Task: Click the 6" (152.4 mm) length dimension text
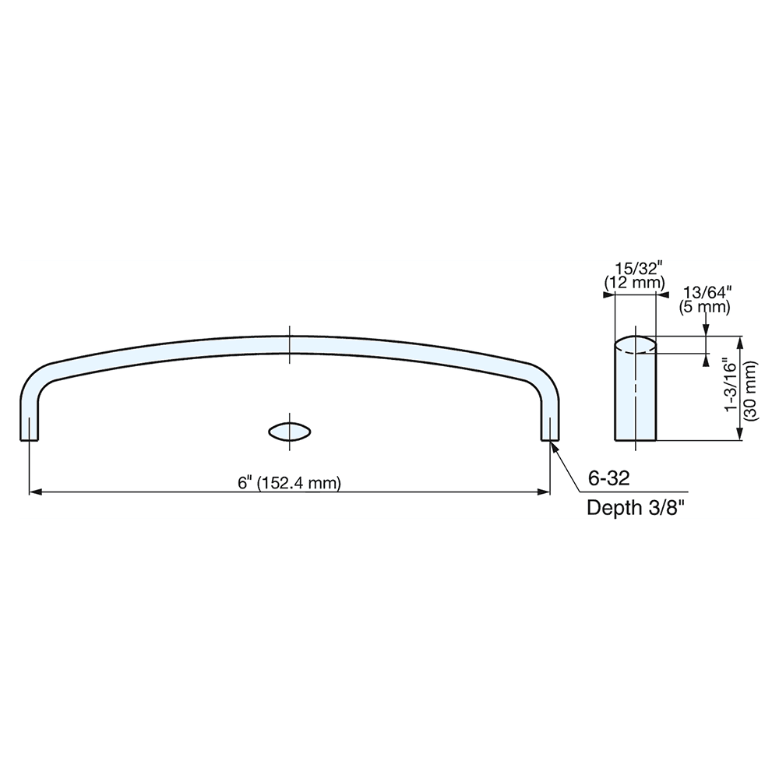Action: click(x=290, y=482)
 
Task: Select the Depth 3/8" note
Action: click(x=635, y=509)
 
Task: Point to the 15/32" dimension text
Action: click(x=636, y=269)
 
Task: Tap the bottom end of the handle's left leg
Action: click(x=29, y=439)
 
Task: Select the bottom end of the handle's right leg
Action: click(x=550, y=439)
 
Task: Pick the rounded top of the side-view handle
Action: click(x=636, y=344)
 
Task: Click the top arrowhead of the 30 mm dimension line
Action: click(x=739, y=340)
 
